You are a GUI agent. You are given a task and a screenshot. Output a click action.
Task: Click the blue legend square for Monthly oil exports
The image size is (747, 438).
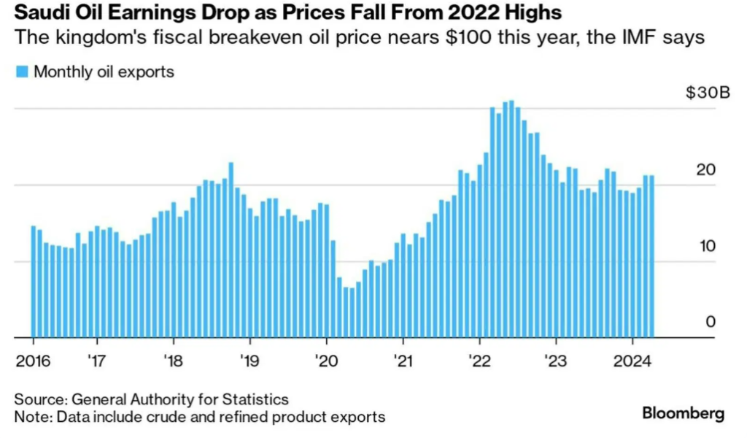20,72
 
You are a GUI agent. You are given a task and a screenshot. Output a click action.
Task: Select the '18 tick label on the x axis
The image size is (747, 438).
172,360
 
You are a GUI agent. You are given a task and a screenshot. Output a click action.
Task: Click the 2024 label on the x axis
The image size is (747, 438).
632,360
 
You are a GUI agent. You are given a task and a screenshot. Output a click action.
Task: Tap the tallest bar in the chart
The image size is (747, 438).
511,219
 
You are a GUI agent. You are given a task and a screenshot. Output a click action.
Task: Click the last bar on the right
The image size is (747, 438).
651,256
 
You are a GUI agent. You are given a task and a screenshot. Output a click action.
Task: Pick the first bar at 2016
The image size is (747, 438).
34,282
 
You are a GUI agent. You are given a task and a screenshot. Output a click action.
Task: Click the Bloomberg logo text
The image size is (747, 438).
683,414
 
